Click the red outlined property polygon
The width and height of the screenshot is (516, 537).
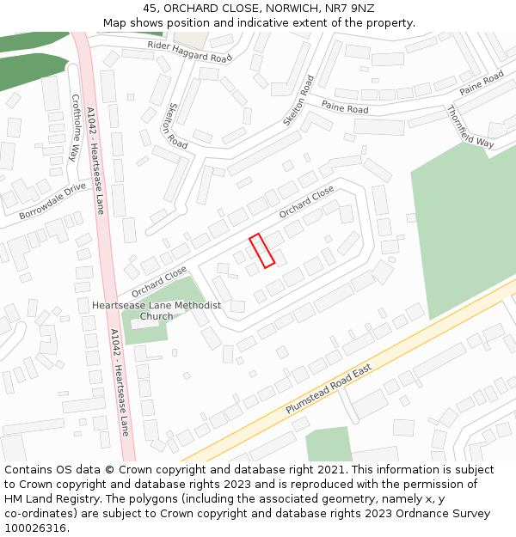tap(261, 250)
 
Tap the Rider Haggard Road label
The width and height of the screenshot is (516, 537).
tap(190, 52)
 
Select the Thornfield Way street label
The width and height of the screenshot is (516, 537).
tap(470, 126)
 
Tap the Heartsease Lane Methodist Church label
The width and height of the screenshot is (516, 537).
tap(157, 311)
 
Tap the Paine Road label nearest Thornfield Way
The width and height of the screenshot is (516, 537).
tap(481, 83)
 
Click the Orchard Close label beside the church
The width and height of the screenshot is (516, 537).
tap(159, 282)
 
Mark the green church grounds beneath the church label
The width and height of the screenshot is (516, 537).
tap(146, 331)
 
